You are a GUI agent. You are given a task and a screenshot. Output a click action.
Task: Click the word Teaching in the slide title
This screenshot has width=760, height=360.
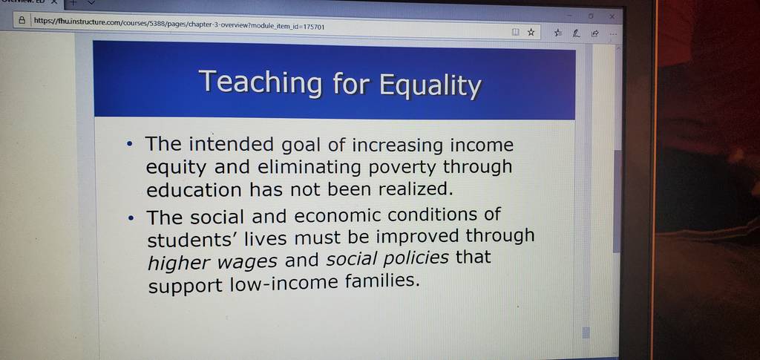point(260,82)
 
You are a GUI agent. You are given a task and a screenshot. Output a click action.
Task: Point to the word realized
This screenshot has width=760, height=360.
point(415,189)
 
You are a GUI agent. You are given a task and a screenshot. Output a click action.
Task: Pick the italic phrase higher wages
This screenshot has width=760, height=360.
point(212,262)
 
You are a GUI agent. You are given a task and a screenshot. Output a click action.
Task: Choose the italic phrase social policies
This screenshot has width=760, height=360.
point(387,258)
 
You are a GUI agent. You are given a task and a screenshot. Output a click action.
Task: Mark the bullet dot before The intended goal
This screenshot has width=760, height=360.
point(129,145)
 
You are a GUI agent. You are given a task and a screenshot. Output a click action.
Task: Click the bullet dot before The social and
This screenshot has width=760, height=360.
point(130,218)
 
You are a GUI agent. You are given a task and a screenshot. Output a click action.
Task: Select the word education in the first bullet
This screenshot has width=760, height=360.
point(194,190)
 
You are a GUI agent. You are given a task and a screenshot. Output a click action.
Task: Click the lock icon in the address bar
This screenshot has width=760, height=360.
point(22,20)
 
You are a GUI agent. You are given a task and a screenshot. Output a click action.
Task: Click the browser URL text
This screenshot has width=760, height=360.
point(179,24)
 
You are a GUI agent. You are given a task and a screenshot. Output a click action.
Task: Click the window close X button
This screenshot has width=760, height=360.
point(612,16)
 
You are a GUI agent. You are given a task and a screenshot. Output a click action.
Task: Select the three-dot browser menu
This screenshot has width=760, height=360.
point(613,34)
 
